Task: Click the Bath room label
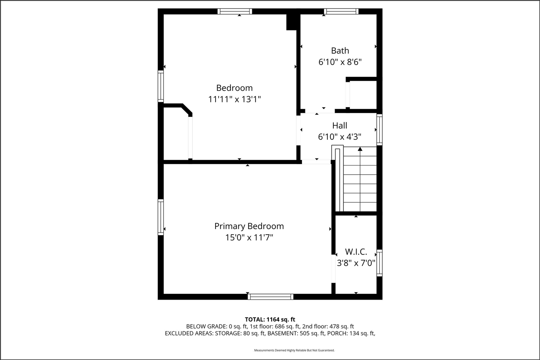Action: [340, 51]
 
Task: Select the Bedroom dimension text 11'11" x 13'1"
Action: [235, 99]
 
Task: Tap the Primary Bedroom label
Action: [249, 226]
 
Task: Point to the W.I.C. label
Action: [356, 252]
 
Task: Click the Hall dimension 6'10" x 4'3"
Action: [340, 137]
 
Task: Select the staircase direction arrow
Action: [360, 149]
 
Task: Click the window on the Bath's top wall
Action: [341, 11]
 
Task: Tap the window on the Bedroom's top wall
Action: [235, 11]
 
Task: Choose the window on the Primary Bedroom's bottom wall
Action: [270, 297]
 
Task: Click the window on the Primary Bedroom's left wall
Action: [161, 217]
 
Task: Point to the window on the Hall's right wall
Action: [379, 130]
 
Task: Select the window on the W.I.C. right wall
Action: [379, 263]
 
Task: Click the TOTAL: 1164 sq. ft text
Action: [273, 319]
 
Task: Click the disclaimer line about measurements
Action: [294, 350]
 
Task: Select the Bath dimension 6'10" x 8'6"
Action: [340, 62]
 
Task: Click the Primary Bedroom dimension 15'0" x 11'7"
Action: [249, 238]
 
